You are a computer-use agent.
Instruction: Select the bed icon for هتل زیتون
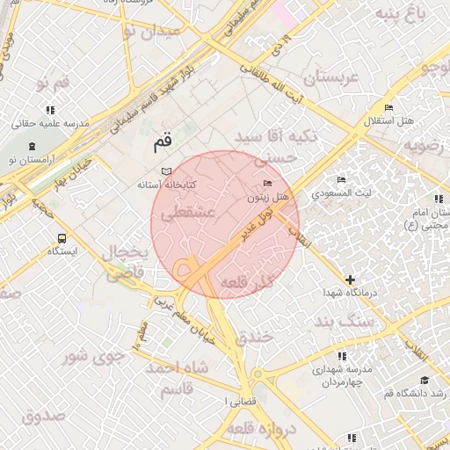coord(267,183)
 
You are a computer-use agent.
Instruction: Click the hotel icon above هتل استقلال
coord(388,107)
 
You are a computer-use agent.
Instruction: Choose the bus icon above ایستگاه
coord(62,238)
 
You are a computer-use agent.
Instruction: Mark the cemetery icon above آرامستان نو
coord(32,145)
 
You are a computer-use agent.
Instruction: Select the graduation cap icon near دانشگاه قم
coord(425,380)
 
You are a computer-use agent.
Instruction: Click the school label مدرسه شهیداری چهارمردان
coord(342,376)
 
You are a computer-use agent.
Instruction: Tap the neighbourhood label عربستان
coord(331,78)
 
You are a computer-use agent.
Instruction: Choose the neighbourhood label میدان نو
coord(150,32)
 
